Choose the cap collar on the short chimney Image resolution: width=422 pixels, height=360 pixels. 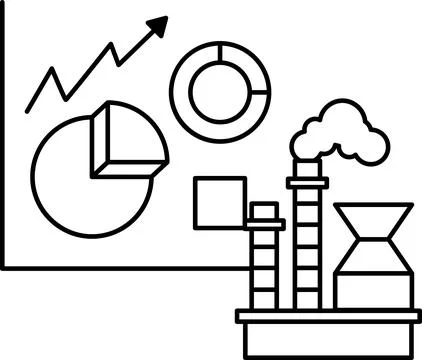point(264,211)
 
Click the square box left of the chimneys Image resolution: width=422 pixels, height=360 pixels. point(219,203)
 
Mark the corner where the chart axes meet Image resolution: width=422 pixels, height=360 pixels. point(4,266)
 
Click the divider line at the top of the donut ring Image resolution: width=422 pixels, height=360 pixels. point(219,51)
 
